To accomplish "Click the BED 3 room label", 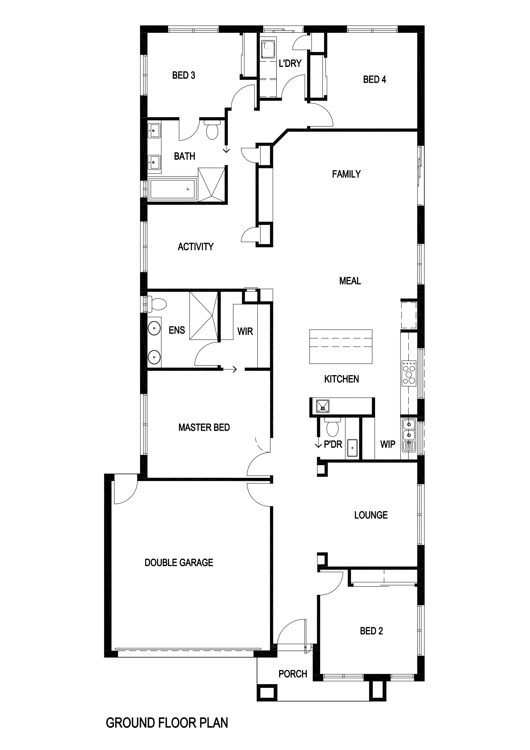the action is point(183,75).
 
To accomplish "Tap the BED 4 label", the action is point(374,80).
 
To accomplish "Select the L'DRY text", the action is point(290,63).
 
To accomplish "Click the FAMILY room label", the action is point(346,174).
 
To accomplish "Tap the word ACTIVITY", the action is point(195,247).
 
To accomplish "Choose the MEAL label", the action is point(350,281).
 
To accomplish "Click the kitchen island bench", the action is point(341,346).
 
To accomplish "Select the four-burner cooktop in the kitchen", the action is point(409,373).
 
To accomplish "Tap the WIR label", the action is point(245,332).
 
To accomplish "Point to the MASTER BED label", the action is point(204,427).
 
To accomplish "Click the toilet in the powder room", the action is point(332,426).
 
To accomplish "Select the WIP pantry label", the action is point(388,444).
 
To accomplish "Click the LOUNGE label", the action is point(371,515).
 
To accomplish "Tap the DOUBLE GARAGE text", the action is point(179,563).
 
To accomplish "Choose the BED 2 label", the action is point(371,631).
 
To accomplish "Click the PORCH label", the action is point(293,674).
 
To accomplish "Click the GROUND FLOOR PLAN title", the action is point(167,723).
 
